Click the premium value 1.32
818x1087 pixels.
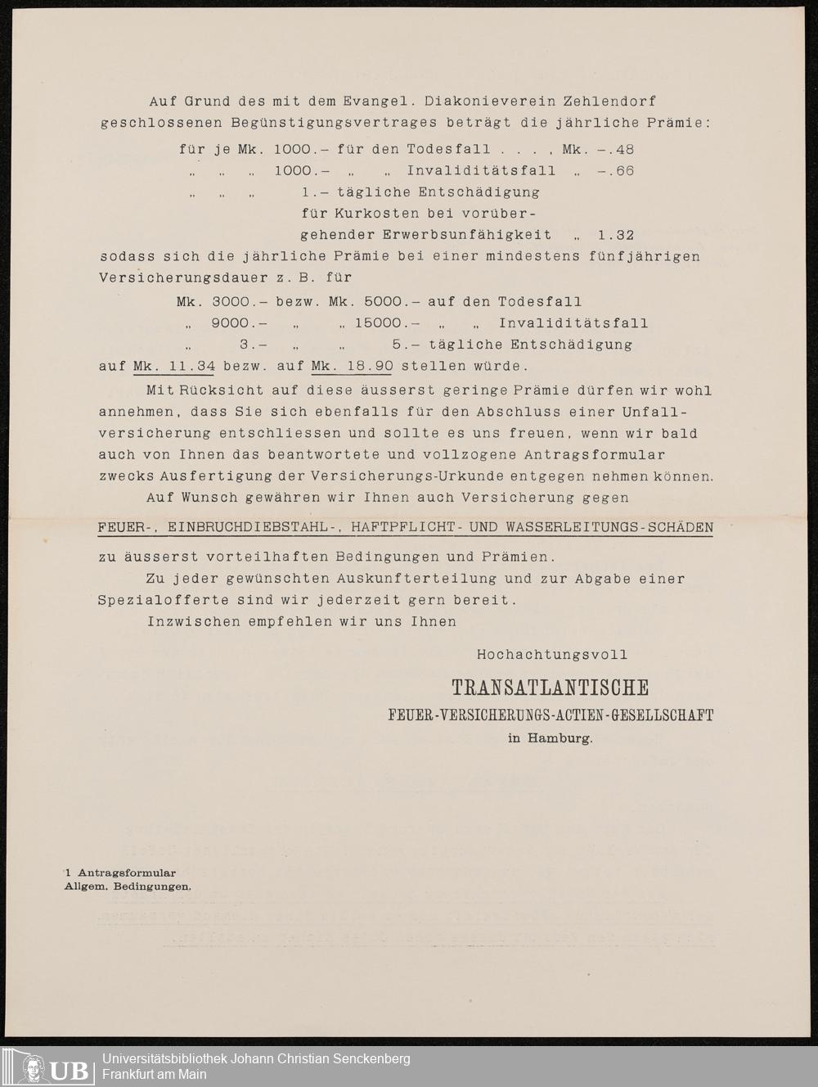tap(616, 235)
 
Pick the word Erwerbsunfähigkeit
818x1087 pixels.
tap(467, 235)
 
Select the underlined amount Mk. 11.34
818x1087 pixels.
tap(174, 366)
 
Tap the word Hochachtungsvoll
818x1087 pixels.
tap(552, 655)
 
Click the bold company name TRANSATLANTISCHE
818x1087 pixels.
tap(551, 688)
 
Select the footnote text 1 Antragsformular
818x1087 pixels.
tap(120, 873)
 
